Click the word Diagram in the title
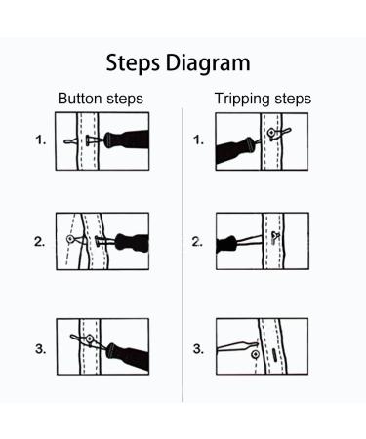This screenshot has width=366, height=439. click(x=209, y=64)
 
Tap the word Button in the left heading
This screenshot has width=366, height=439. click(x=79, y=100)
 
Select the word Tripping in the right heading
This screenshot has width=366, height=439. click(x=242, y=100)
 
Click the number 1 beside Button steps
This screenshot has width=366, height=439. click(x=41, y=140)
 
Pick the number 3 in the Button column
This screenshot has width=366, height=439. click(x=40, y=348)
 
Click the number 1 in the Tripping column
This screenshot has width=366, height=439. click(x=198, y=140)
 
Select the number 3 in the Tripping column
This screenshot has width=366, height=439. click(x=198, y=348)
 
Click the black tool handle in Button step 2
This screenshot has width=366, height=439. click(x=134, y=240)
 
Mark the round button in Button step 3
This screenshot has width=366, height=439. click(x=90, y=339)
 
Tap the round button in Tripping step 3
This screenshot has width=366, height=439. click(x=256, y=355)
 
